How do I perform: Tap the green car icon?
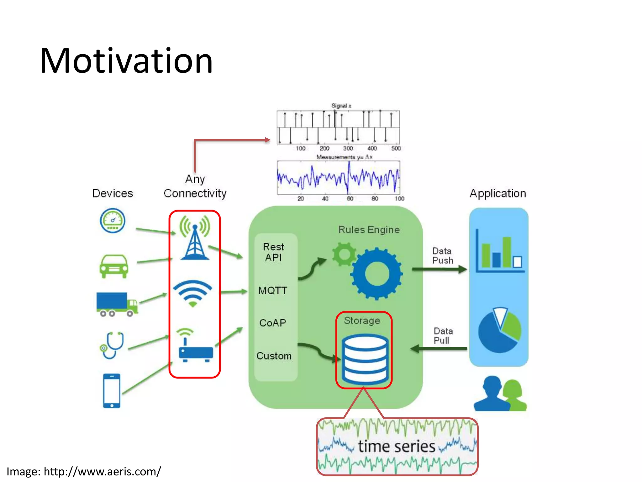[114, 266]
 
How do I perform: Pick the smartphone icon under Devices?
[112, 390]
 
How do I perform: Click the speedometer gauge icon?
[113, 221]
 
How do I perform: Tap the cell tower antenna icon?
[195, 238]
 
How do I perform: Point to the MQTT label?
[272, 291]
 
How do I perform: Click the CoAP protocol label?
[272, 323]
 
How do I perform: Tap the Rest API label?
[273, 252]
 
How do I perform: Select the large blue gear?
[376, 274]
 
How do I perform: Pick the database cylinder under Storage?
[365, 359]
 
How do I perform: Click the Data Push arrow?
[439, 269]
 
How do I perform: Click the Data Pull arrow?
[439, 348]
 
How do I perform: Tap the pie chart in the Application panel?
[499, 330]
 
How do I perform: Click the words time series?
[397, 447]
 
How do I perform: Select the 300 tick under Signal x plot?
[348, 148]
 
